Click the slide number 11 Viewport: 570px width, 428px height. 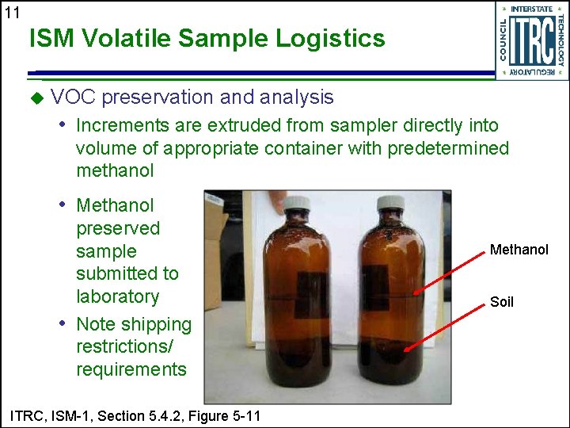(11, 12)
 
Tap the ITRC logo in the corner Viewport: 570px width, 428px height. (531, 40)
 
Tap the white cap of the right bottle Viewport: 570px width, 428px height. (390, 202)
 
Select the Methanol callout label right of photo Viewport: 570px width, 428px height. (519, 250)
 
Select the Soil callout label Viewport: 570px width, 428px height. (502, 302)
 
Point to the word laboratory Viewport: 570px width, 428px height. (117, 296)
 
